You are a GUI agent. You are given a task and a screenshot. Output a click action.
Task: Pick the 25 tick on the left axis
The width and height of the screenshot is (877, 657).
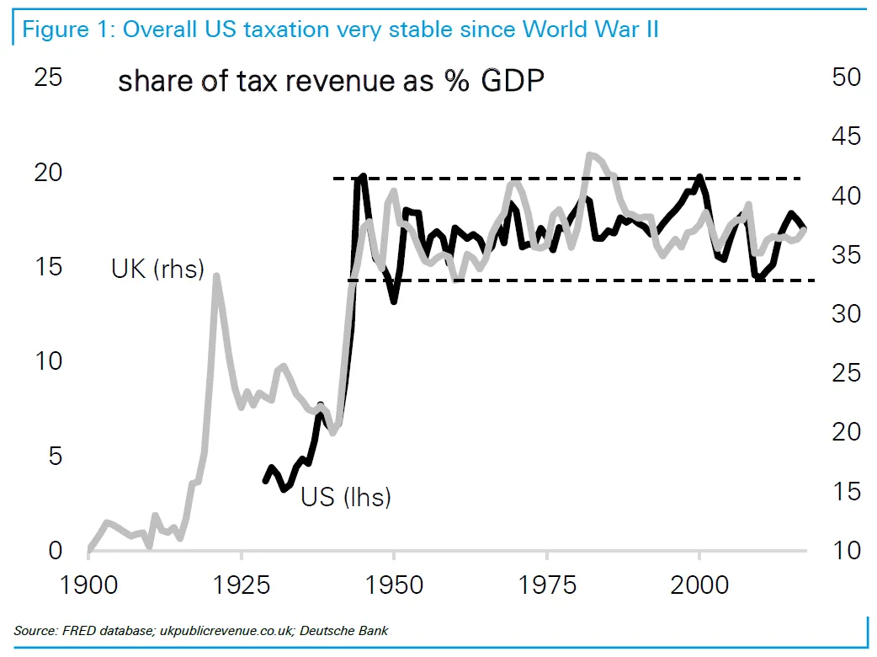[x=48, y=77]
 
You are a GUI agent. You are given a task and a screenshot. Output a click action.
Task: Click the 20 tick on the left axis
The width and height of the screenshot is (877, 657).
[x=48, y=173]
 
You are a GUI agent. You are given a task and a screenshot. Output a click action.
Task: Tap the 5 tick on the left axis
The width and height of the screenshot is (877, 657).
[x=55, y=457]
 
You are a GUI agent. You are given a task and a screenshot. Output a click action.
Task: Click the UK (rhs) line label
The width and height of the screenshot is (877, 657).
[x=157, y=270]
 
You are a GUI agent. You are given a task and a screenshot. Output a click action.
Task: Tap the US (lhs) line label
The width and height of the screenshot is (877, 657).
[x=346, y=497]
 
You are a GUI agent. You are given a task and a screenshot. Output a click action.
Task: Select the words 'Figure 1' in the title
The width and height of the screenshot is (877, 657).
[x=66, y=29]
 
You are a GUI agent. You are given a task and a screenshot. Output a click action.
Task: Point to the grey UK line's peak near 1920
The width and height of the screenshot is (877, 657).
[x=216, y=275]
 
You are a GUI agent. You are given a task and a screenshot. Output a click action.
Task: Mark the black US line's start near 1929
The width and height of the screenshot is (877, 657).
[x=266, y=480]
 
